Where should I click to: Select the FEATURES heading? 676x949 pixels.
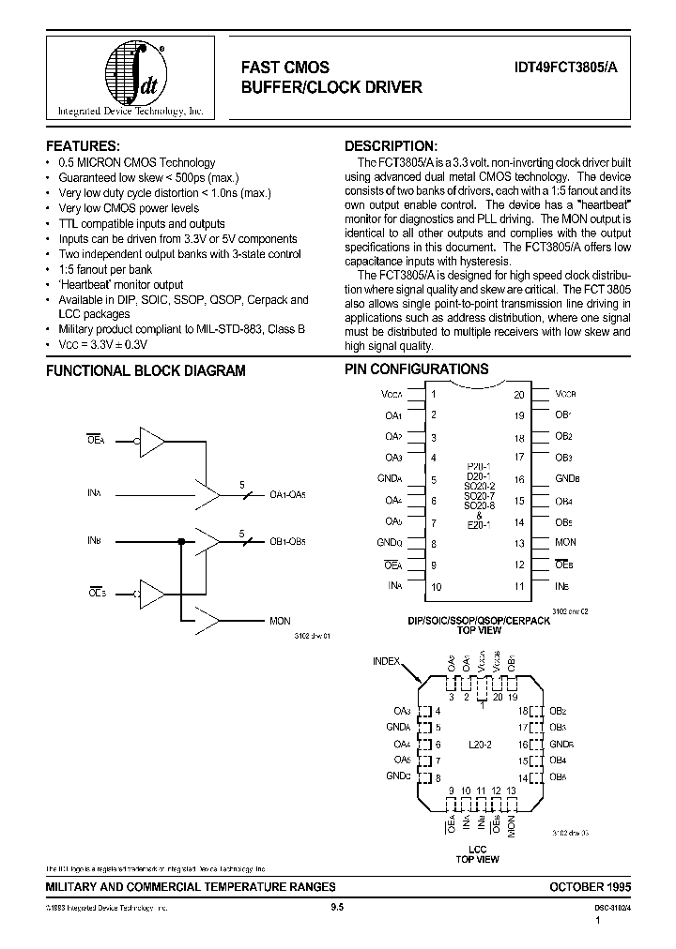coord(83,146)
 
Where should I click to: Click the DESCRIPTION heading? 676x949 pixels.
coord(391,146)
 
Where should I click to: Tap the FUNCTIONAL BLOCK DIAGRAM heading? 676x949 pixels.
coord(146,370)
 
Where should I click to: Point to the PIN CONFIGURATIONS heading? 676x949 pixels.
coord(416,369)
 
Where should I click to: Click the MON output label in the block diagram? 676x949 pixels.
coord(280,621)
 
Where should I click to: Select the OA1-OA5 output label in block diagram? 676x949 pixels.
coord(287,495)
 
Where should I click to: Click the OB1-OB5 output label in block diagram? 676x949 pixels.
coord(287,541)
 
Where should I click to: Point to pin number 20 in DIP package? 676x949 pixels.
coord(518,395)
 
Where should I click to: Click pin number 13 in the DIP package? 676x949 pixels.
coord(518,543)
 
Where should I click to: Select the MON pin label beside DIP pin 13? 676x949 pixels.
coord(565,543)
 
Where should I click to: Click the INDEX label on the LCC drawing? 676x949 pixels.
coord(387,661)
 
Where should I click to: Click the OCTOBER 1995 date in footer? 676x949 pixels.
coord(591,886)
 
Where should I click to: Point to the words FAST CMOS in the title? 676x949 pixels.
coord(285,67)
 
